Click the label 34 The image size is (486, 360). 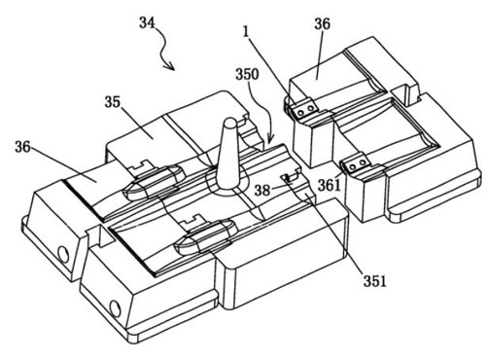coord(147,22)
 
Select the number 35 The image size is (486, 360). coord(112,102)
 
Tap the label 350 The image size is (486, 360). coord(247,74)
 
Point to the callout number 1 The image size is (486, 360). coord(246,32)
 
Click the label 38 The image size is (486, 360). coord(262,190)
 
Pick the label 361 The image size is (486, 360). coord(330,186)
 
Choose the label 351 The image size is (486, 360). coord(375,281)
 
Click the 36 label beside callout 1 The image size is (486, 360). coord(322,23)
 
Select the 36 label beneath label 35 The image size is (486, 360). coord(22,147)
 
